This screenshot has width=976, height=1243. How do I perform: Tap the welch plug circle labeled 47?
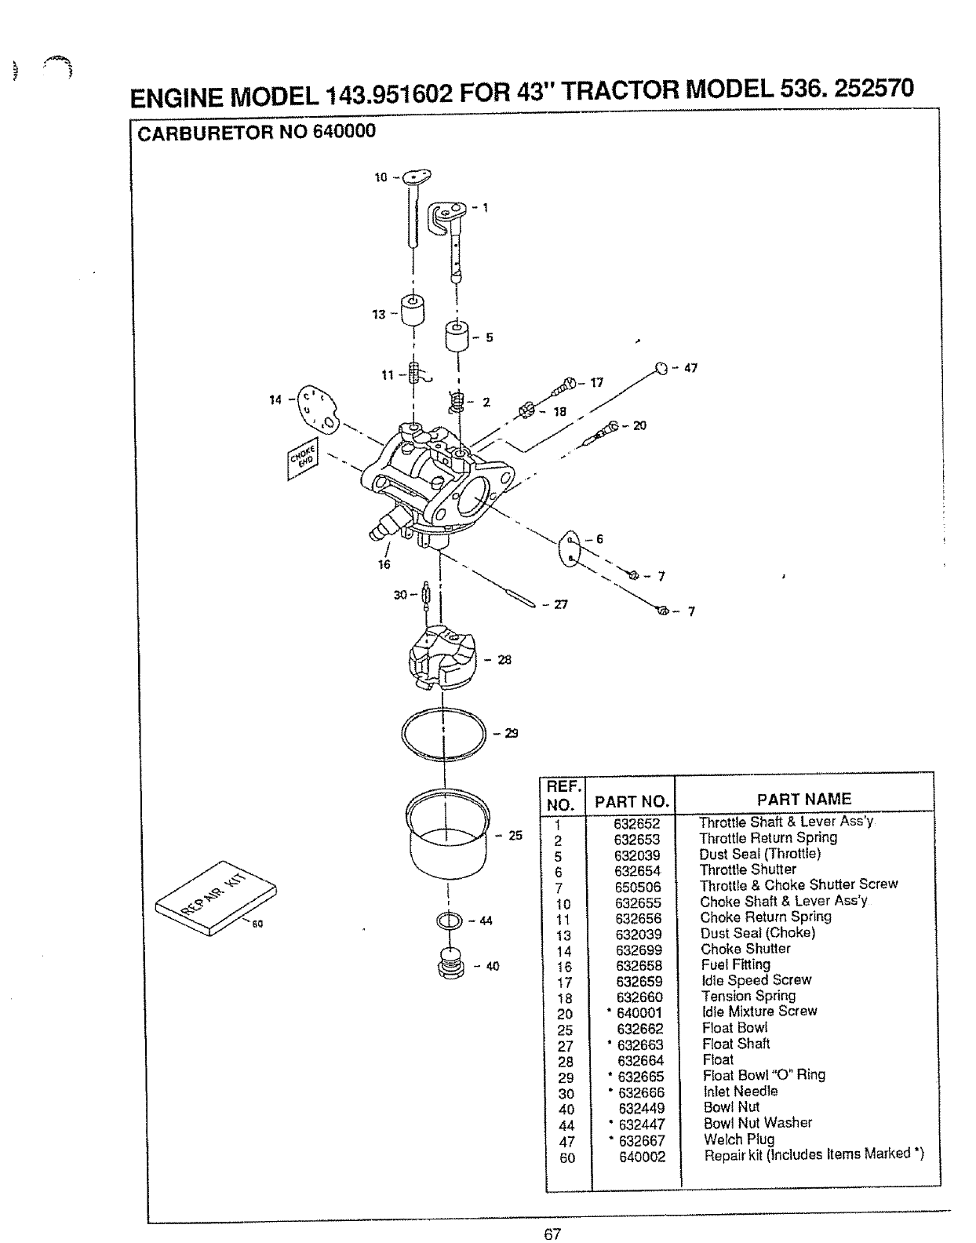pyautogui.click(x=661, y=369)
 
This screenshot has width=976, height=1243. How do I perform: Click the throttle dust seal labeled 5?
pyautogui.click(x=457, y=337)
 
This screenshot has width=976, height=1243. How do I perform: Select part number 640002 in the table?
pyautogui.click(x=643, y=1156)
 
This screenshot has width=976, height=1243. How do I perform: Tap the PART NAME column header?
pyautogui.click(x=803, y=799)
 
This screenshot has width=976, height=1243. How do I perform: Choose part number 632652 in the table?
pyautogui.click(x=637, y=823)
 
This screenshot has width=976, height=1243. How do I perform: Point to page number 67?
pyautogui.click(x=552, y=1233)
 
